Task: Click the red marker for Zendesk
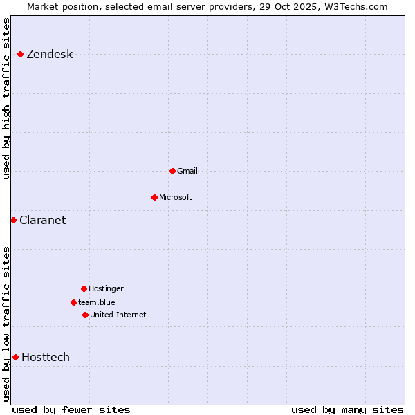click(x=21, y=54)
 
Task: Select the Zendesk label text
click(x=49, y=55)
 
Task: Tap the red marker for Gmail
click(x=172, y=171)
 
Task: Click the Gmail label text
click(x=187, y=171)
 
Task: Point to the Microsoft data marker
click(x=154, y=197)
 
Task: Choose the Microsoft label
click(x=176, y=197)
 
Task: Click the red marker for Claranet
click(x=13, y=220)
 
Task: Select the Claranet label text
click(x=42, y=221)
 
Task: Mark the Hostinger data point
click(x=84, y=288)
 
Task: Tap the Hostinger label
click(x=106, y=288)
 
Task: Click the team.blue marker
click(x=73, y=302)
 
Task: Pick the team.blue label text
click(x=97, y=302)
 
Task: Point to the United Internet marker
click(x=85, y=315)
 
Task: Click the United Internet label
click(x=118, y=315)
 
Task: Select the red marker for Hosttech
click(x=15, y=357)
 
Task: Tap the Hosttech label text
click(x=46, y=358)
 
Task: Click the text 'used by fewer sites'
click(x=71, y=409)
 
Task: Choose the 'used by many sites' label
click(x=347, y=409)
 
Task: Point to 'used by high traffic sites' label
click(x=7, y=98)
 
